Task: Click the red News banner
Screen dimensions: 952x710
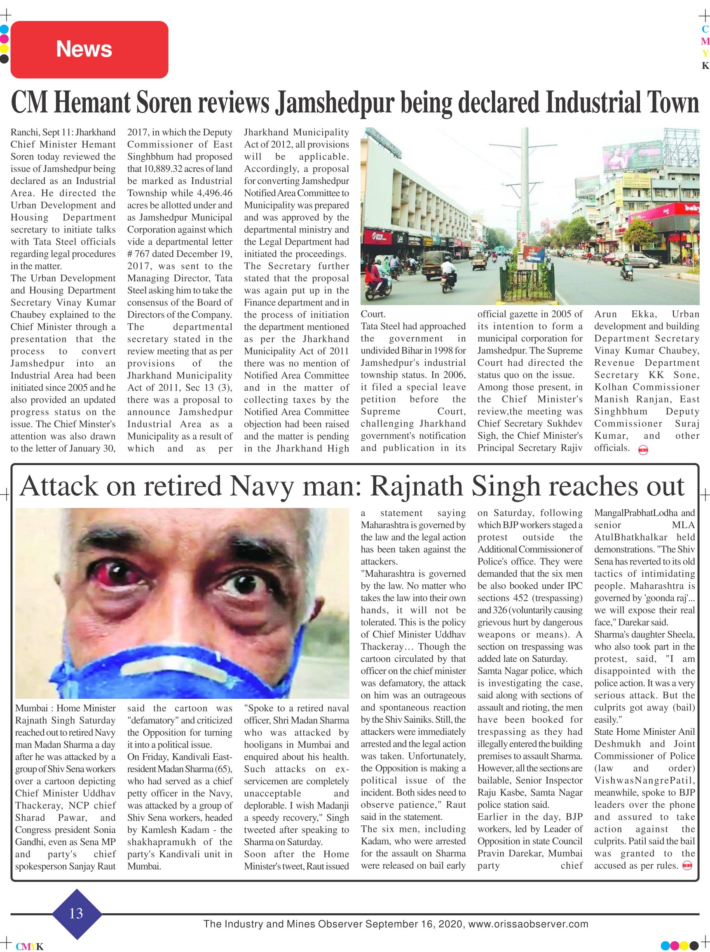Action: point(89,49)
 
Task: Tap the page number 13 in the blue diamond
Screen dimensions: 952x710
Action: point(76,913)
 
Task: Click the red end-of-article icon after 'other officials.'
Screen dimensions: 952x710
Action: point(643,450)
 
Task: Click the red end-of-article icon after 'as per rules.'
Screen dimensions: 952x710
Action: point(687,865)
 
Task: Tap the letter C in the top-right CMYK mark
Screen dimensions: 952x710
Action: point(705,29)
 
